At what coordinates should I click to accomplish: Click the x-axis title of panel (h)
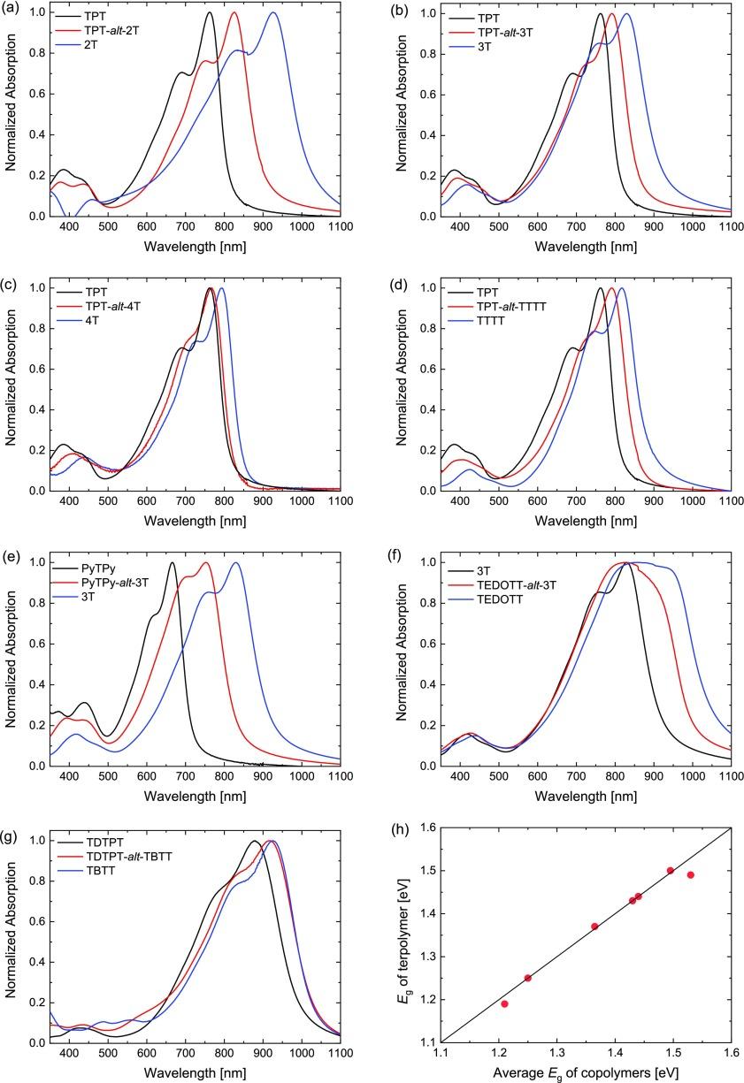click(585, 1074)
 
